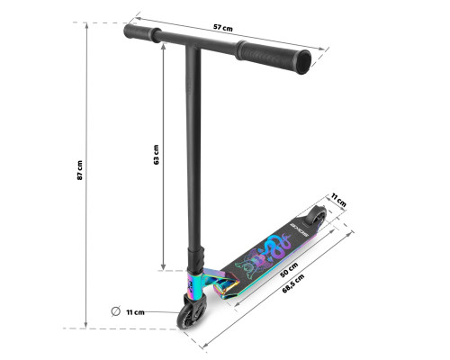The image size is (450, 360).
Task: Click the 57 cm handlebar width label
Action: point(223,28)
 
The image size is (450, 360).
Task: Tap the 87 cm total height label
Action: point(79,170)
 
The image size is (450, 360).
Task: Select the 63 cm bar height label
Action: point(156,155)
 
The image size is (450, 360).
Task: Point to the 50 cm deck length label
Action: point(289,269)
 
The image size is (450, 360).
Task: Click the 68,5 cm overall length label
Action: point(293,283)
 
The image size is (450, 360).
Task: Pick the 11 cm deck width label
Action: point(338,200)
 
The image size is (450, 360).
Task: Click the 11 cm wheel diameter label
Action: point(135,312)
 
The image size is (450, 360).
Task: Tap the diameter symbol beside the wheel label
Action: point(116,311)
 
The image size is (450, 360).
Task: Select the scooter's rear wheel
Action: point(315,215)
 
